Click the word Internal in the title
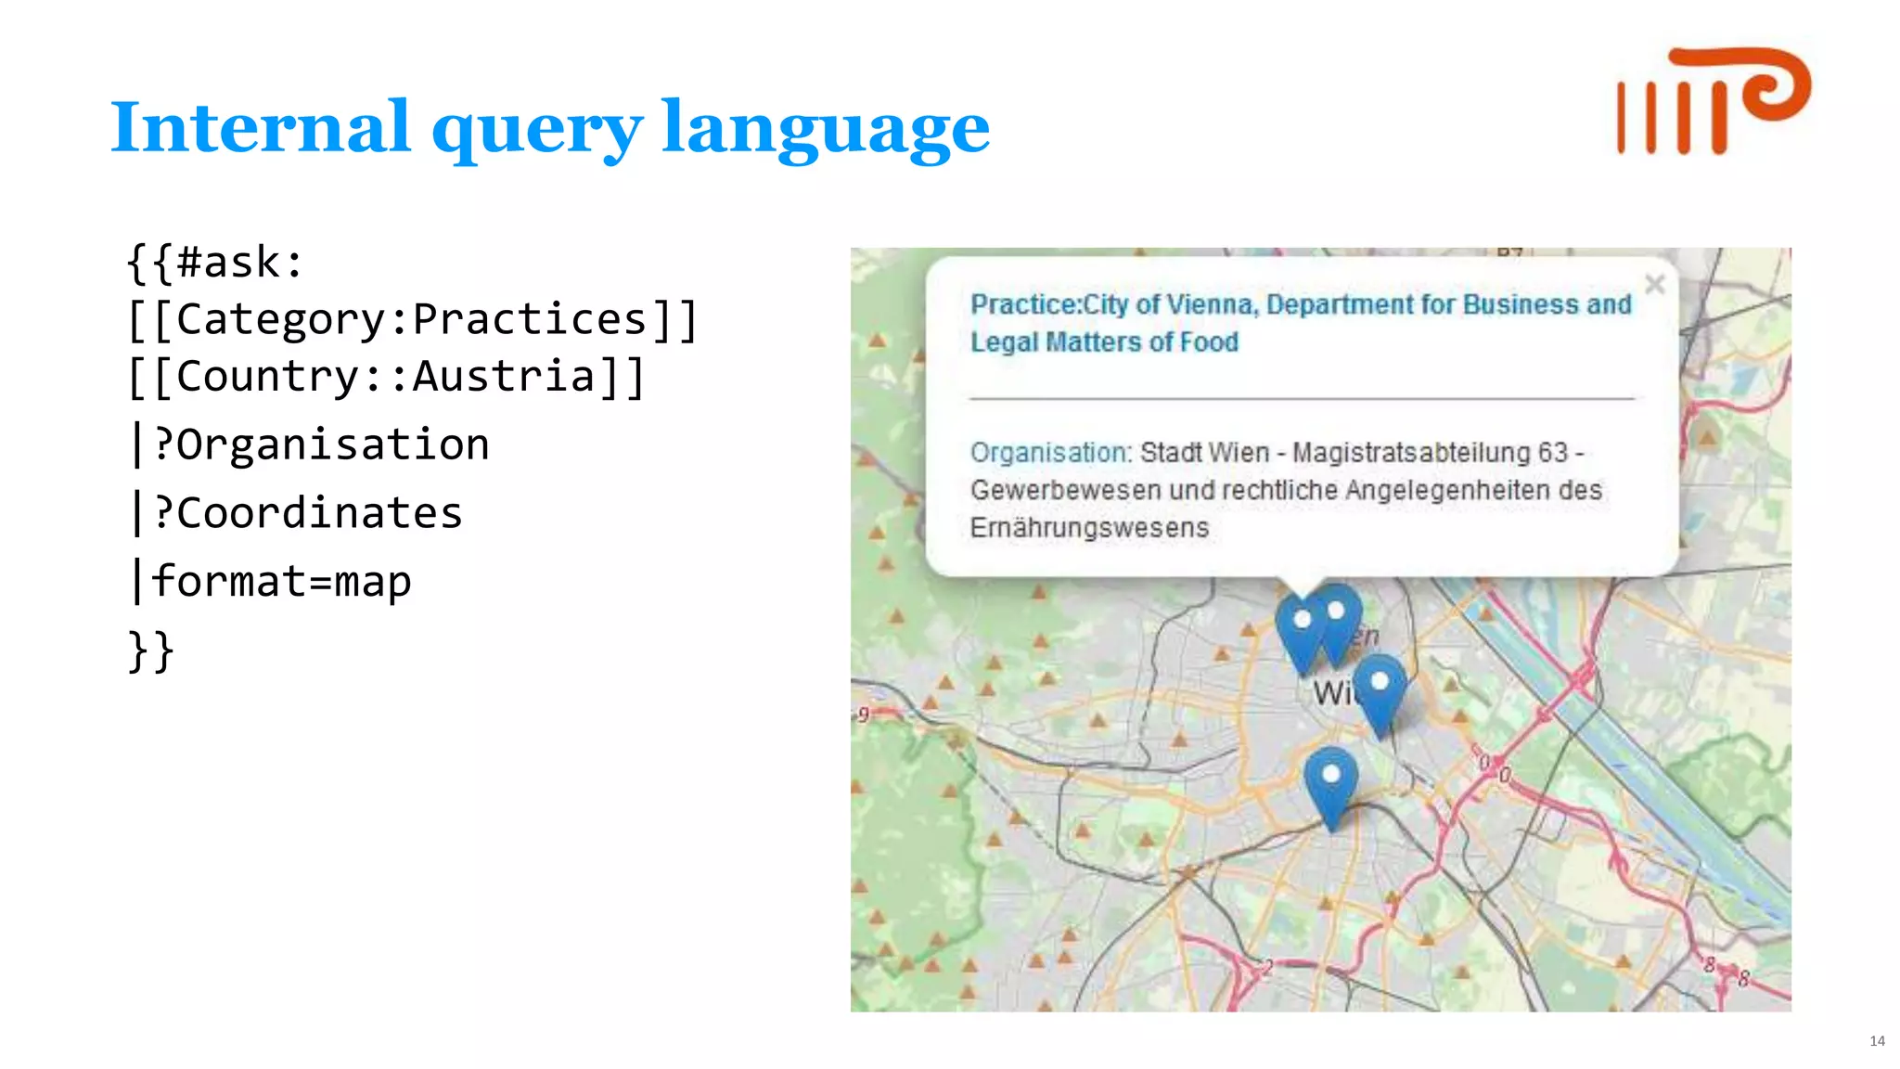(x=260, y=127)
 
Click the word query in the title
(x=536, y=130)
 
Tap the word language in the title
(x=825, y=130)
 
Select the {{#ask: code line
(x=215, y=263)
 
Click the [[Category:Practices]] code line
(x=412, y=320)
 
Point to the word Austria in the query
(x=503, y=377)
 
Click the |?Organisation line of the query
(x=312, y=444)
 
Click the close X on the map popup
(x=1654, y=284)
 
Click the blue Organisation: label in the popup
(x=1050, y=453)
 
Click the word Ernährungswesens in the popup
(x=1089, y=528)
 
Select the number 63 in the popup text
(x=1552, y=453)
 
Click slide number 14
(x=1877, y=1040)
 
